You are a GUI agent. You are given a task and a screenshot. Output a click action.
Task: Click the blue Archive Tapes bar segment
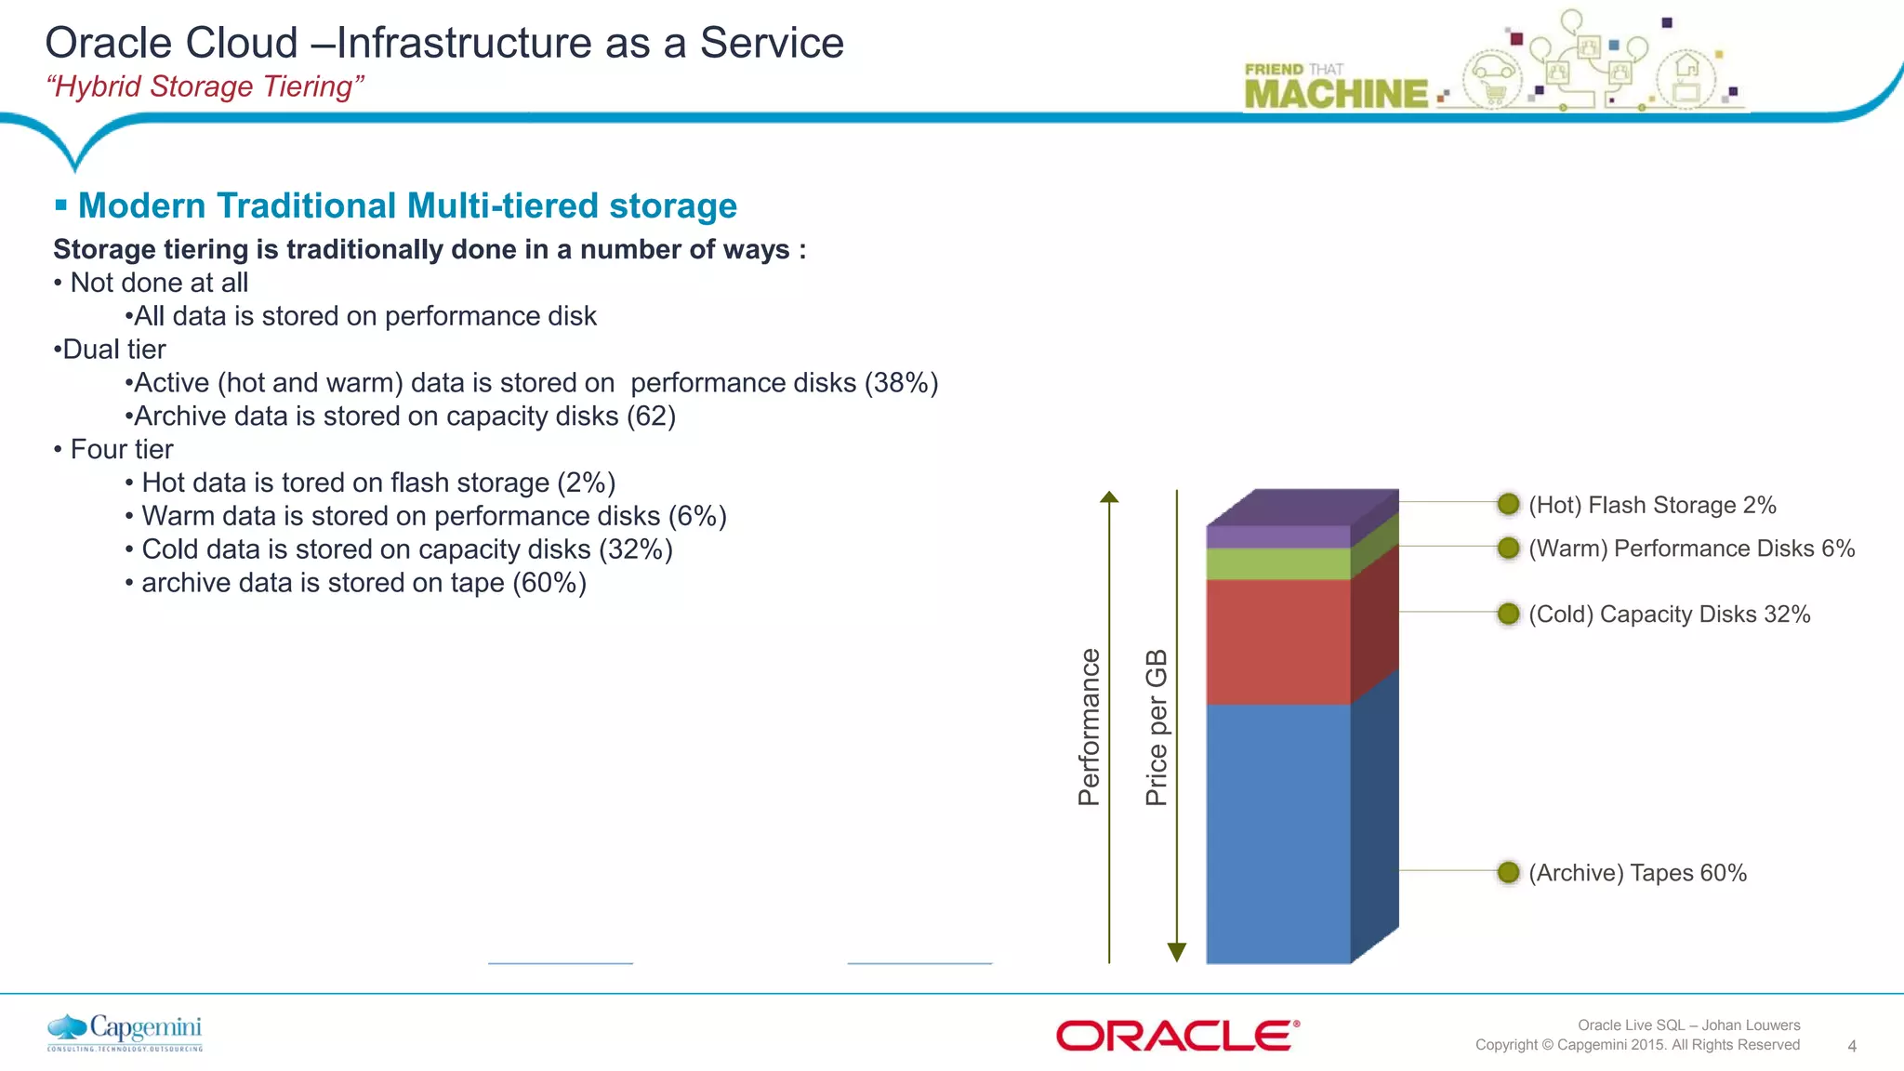click(1278, 832)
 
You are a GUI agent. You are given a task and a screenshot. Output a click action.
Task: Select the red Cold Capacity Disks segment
click(1278, 641)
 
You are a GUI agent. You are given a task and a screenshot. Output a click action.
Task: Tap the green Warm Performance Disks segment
click(1278, 564)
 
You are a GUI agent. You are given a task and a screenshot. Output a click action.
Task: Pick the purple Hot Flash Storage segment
click(1278, 536)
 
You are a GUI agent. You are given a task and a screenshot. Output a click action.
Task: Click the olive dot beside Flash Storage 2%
click(1508, 504)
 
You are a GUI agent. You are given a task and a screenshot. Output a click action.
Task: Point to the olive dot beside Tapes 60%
click(1508, 872)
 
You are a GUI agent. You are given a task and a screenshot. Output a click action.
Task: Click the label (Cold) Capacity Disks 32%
click(1669, 615)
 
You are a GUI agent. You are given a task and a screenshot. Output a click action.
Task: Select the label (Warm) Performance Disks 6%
click(1691, 549)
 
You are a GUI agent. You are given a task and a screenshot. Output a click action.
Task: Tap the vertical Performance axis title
click(1089, 727)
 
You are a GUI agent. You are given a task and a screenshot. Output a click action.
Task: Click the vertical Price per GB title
click(1156, 727)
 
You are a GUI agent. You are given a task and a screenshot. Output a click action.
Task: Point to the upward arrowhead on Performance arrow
click(1109, 497)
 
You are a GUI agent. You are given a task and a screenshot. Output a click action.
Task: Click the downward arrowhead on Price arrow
click(1176, 952)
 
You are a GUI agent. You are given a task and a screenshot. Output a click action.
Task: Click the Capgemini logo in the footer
click(125, 1032)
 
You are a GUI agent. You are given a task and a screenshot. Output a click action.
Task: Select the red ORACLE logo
click(1177, 1036)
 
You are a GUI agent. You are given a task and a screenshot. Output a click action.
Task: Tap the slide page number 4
click(1851, 1046)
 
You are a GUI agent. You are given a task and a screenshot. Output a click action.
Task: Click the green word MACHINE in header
click(1336, 94)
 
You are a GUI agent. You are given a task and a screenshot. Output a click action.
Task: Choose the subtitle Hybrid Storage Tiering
click(205, 86)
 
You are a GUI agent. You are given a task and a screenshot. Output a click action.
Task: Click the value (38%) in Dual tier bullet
click(901, 383)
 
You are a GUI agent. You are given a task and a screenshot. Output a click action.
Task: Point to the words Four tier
click(122, 450)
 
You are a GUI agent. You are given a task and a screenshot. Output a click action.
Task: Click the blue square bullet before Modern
click(61, 205)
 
